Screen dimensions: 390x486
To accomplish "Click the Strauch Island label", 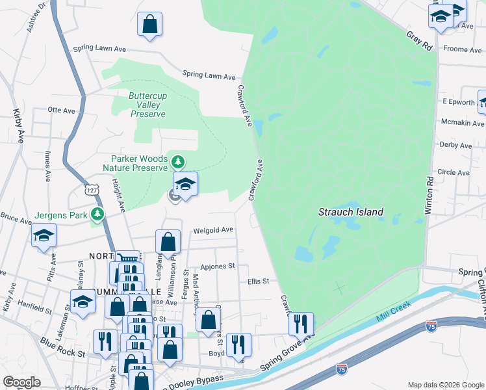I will coord(350,212).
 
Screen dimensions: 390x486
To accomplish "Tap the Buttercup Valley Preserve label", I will coord(147,105).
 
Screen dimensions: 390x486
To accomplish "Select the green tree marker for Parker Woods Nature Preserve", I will coord(177,161).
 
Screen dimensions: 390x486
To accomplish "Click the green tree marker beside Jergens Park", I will coord(97,214).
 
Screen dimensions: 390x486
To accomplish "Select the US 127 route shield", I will coord(90,187).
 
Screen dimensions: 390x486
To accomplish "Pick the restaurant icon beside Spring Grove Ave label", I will coord(301,323).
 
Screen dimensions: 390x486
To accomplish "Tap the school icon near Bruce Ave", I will coord(44,235).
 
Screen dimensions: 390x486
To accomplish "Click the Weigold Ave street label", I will coord(212,230).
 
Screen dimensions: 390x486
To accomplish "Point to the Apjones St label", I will coord(217,266).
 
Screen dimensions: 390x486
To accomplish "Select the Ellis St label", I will coord(258,281).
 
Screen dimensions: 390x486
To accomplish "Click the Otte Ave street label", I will coord(62,110).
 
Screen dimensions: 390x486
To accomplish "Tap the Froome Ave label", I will coord(462,49).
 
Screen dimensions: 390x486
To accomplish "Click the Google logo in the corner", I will coord(21,382).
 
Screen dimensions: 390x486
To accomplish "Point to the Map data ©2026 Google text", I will coord(445,385).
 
